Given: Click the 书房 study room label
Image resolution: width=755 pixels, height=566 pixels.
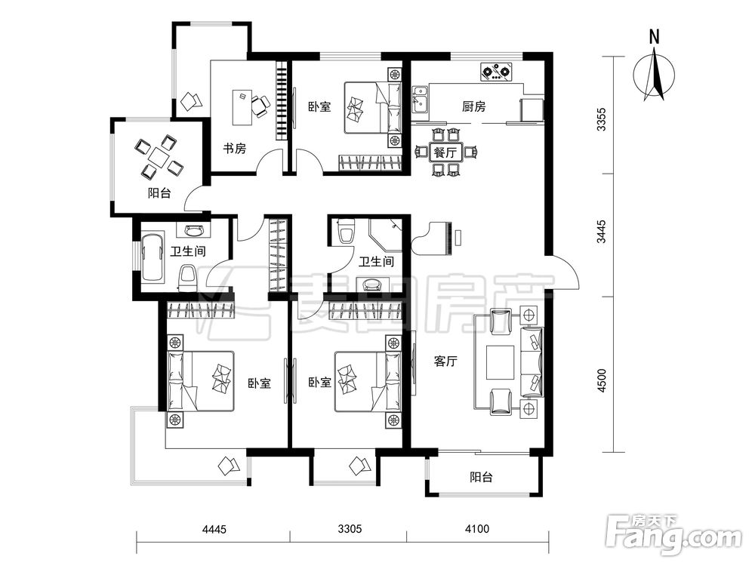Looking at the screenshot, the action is point(235,149).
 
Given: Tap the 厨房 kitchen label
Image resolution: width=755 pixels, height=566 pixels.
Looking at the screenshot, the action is point(474,107).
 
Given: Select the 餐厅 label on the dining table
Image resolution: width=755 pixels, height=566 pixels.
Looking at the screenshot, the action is point(445,153).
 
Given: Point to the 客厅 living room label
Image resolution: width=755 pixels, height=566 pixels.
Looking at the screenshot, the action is point(445,361).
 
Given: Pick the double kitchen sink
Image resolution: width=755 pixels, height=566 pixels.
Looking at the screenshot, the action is point(421,100).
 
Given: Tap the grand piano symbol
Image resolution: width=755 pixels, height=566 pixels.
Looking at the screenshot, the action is point(433,238).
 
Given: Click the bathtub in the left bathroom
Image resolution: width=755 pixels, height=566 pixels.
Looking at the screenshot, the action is point(153,258).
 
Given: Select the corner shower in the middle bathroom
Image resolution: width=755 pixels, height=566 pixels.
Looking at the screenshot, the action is point(386,235).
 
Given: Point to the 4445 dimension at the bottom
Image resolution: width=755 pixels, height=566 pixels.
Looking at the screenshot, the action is point(214,530).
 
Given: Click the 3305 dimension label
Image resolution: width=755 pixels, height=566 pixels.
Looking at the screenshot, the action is point(350,530).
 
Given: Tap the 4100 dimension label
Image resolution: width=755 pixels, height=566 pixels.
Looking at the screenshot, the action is point(477,530).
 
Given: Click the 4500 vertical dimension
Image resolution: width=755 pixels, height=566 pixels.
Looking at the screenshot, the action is point(602,380).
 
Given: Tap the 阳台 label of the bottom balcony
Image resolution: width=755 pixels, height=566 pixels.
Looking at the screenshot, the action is point(482,477).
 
